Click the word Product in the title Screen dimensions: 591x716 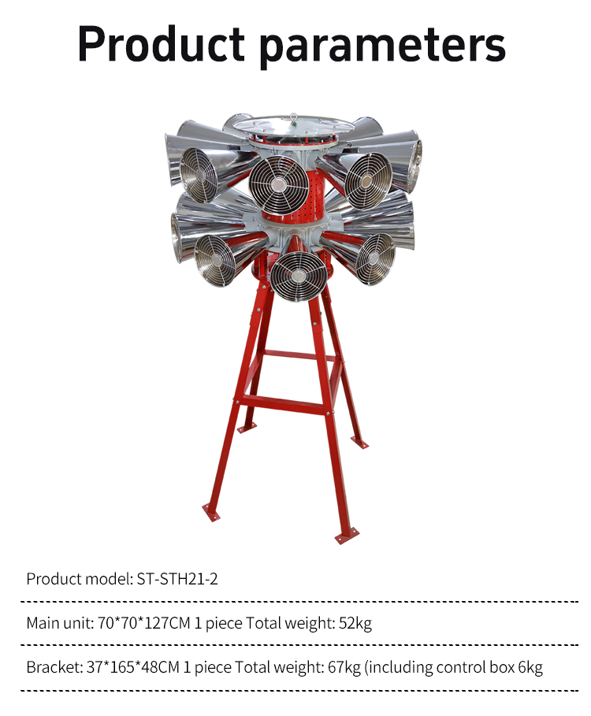(162, 44)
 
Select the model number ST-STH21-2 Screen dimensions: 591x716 (177, 579)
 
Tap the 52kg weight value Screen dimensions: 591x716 (355, 623)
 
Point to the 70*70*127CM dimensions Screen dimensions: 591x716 (144, 623)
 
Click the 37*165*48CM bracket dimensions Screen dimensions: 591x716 (133, 667)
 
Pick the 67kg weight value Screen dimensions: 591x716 (344, 668)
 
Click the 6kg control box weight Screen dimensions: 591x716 (530, 668)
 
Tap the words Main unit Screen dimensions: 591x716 (59, 623)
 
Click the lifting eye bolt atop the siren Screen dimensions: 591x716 (293, 118)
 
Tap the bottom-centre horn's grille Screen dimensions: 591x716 (298, 276)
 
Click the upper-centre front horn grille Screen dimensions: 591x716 (279, 185)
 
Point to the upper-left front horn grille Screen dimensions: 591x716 (199, 176)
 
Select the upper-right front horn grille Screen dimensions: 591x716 (368, 180)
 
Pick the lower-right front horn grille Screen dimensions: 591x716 (375, 259)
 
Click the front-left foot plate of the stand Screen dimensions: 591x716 (211, 512)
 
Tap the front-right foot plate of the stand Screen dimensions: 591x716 (347, 535)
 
